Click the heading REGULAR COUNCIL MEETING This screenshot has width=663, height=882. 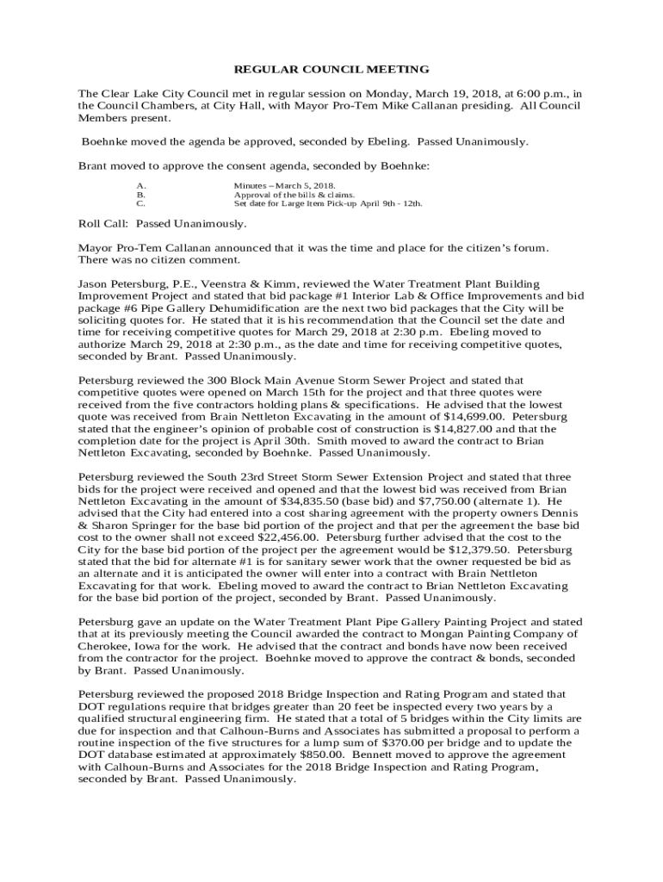tap(331, 69)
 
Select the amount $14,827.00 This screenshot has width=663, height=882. tap(470, 428)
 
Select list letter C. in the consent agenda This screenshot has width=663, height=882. tap(141, 204)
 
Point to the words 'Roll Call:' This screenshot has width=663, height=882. tap(103, 224)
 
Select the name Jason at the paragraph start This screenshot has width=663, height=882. tap(94, 283)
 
